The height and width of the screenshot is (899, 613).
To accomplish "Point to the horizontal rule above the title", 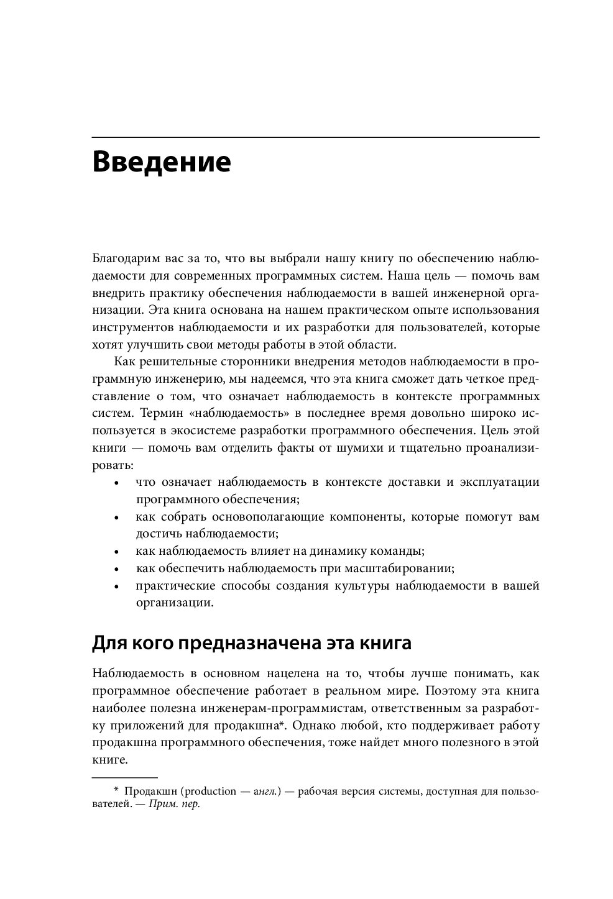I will click(x=315, y=137).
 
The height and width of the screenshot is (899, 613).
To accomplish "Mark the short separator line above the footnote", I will click(x=124, y=777).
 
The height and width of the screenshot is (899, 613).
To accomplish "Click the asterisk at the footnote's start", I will click(x=116, y=791).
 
